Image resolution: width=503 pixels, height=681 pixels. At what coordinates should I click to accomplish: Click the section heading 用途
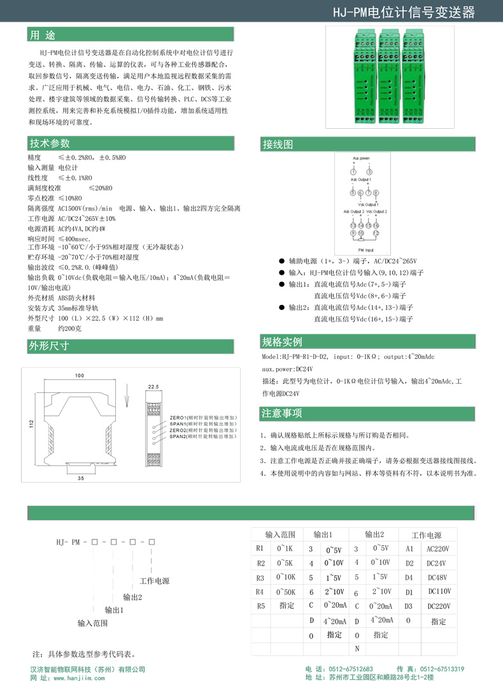tap(43, 34)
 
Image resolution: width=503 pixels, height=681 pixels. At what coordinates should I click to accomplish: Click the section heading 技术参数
tap(49, 143)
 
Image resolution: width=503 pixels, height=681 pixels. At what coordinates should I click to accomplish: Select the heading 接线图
tap(278, 145)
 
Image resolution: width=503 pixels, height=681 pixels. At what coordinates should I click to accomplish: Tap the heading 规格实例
tap(282, 341)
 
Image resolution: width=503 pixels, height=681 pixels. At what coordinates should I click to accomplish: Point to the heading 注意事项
tap(282, 414)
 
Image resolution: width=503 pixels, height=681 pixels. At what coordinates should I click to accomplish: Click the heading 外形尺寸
tap(49, 346)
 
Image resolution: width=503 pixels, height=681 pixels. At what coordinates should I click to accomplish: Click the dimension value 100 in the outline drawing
tap(80, 376)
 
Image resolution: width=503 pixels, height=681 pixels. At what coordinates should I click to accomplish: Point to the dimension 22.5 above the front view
tap(153, 386)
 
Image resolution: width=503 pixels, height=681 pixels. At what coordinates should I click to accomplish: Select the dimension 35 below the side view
tap(81, 477)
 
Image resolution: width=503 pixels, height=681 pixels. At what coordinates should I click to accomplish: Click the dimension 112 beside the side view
tap(31, 423)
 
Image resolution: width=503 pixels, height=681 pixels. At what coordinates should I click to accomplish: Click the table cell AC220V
tap(438, 548)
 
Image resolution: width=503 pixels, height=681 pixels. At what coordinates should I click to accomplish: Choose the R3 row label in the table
tap(260, 578)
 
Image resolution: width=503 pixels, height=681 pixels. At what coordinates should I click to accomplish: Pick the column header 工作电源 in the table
tap(426, 535)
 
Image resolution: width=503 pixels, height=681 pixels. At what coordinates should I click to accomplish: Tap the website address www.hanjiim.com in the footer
tap(76, 678)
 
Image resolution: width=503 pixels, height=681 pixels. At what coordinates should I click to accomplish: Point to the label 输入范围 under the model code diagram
tap(93, 622)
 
